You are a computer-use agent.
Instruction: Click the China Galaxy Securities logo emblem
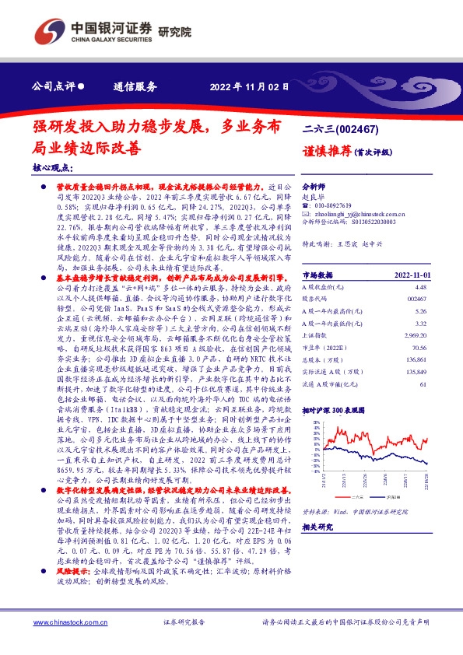tap(49, 30)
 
